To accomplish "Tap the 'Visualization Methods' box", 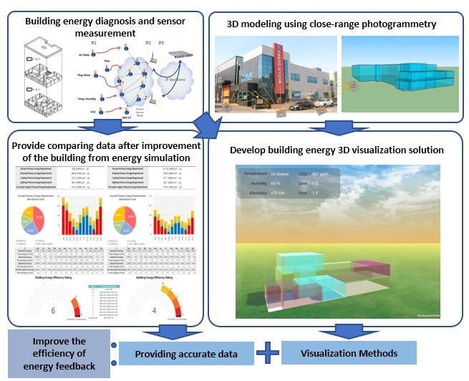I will [349, 352].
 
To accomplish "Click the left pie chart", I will [36, 217].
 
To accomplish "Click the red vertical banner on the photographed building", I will [274, 64].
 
